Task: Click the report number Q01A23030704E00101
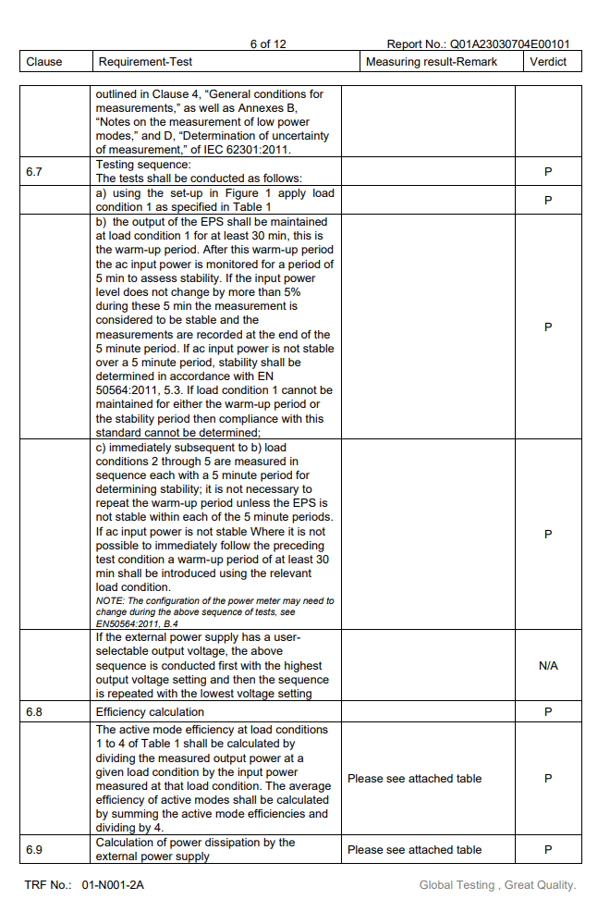coord(508,43)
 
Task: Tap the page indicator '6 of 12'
coord(268,43)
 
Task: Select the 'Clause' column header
coord(44,62)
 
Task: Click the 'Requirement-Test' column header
coord(145,62)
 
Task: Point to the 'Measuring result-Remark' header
coord(431,62)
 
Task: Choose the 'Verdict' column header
coord(548,62)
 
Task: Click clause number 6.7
coord(34,171)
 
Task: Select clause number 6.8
coord(34,712)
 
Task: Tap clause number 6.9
coord(34,849)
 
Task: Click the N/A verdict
coord(548,666)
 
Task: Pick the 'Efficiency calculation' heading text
coord(150,712)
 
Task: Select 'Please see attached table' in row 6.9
coord(414,849)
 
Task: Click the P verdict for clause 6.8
coord(548,712)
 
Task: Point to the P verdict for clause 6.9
coord(548,849)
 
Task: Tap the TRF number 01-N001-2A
coord(113,885)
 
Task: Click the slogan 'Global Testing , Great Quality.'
coord(497,885)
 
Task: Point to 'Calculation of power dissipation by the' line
coord(195,843)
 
